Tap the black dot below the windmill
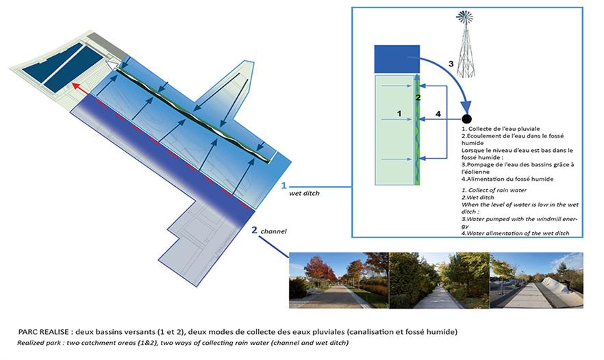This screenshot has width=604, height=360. coord(466,118)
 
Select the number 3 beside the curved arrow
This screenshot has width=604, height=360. coord(451,64)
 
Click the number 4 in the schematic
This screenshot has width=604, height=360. coord(438,114)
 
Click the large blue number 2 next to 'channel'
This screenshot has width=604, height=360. coord(254,231)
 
